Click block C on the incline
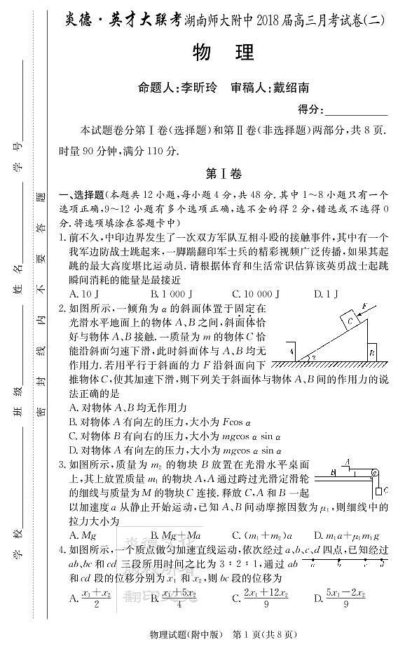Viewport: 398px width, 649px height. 350,321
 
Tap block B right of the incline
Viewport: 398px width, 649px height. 372,352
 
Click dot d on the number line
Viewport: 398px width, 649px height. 383,561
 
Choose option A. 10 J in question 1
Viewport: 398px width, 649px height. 85,293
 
